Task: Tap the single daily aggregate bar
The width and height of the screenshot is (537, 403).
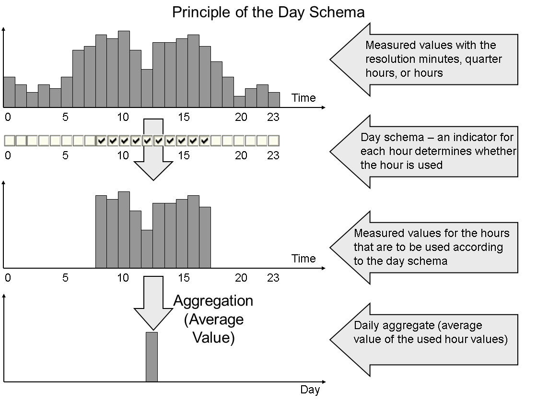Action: pyautogui.click(x=152, y=356)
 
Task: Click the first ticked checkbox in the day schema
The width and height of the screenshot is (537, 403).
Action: pyautogui.click(x=101, y=141)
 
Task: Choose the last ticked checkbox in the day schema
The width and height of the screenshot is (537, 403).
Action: pyautogui.click(x=205, y=141)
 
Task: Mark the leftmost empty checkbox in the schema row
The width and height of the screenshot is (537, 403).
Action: pyautogui.click(x=9, y=141)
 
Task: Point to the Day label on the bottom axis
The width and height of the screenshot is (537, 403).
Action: pyautogui.click(x=310, y=390)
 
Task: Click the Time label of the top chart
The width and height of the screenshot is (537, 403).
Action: pyautogui.click(x=304, y=98)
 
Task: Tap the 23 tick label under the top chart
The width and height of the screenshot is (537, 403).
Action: pyautogui.click(x=273, y=117)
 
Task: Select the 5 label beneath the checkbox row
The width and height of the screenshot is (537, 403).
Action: pyautogui.click(x=65, y=155)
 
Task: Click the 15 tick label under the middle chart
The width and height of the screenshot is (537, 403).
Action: pyautogui.click(x=184, y=278)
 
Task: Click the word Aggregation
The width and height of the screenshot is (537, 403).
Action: pyautogui.click(x=213, y=301)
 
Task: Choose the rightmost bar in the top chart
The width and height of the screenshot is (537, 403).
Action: pyautogui.click(x=274, y=99)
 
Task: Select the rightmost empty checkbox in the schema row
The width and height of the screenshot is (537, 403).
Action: pyautogui.click(x=274, y=141)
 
